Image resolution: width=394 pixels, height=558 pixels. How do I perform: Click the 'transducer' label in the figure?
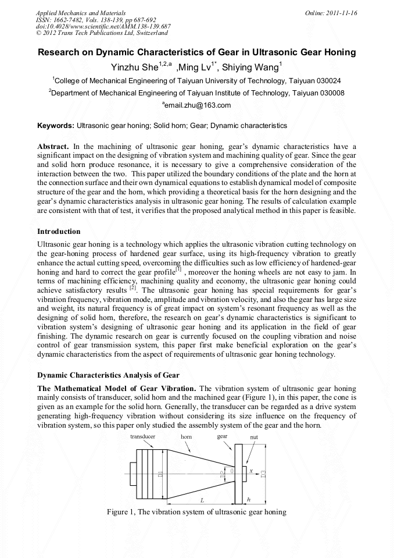142,436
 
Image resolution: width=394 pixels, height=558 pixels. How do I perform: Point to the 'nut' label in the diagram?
254,436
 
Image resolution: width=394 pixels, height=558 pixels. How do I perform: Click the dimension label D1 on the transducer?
160,474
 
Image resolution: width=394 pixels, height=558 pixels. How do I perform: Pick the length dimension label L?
202,500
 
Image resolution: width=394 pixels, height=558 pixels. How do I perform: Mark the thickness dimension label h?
249,499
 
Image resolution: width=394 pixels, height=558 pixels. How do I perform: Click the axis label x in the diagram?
251,470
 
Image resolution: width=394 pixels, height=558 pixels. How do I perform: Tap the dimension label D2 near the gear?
223,474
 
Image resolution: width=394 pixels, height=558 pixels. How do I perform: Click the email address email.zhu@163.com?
198,105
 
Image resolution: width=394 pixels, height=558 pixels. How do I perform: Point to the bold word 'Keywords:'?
56,126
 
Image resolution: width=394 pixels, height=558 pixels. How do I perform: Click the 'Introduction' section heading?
59,231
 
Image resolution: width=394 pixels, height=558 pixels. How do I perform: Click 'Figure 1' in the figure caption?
120,512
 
